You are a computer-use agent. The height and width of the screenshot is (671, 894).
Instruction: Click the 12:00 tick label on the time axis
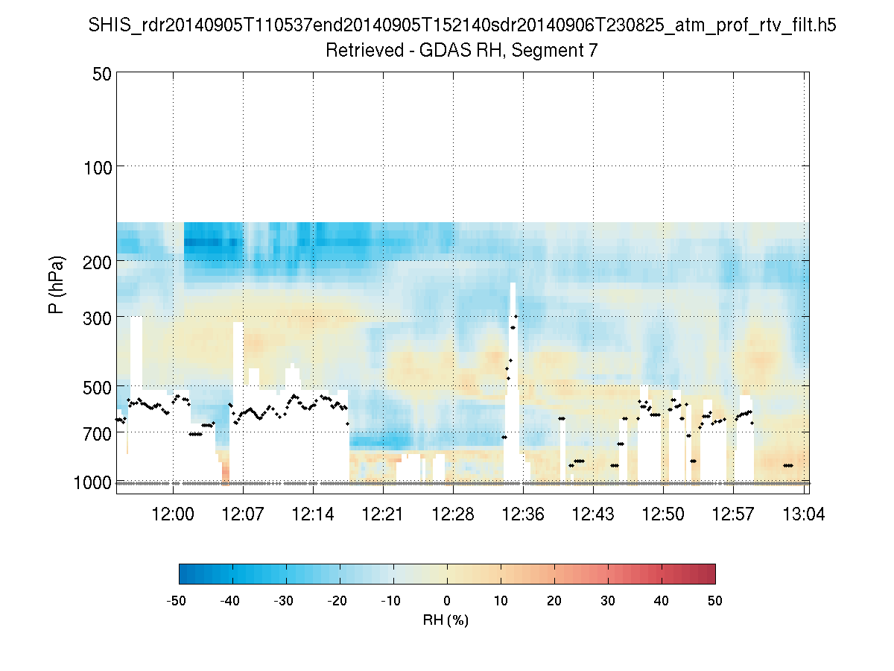point(174,514)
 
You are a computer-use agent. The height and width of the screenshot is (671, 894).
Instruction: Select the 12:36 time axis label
point(523,514)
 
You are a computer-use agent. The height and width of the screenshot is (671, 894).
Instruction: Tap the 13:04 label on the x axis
point(803,514)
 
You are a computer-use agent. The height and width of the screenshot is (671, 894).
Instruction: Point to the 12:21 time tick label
point(383,514)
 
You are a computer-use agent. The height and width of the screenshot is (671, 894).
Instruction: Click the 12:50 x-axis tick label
point(663,514)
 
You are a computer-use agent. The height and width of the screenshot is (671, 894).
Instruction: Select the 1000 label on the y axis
point(92,482)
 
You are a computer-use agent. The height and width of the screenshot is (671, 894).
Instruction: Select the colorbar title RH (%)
point(446,620)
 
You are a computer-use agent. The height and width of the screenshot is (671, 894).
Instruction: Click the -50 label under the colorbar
point(176,601)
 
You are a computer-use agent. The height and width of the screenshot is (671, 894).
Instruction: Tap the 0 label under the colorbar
point(447,601)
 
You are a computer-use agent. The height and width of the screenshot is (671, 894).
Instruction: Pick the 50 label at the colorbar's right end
point(715,601)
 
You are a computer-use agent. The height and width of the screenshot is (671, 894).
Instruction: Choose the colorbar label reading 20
point(554,601)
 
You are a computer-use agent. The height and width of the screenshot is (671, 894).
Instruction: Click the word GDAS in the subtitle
point(440,51)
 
